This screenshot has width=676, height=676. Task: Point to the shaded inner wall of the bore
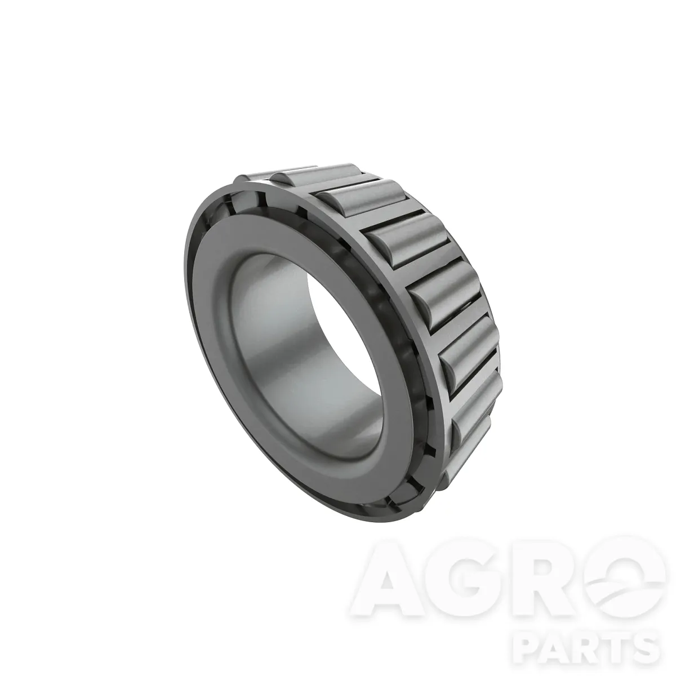pos(281,351)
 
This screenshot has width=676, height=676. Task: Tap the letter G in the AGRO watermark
pos(462,588)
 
